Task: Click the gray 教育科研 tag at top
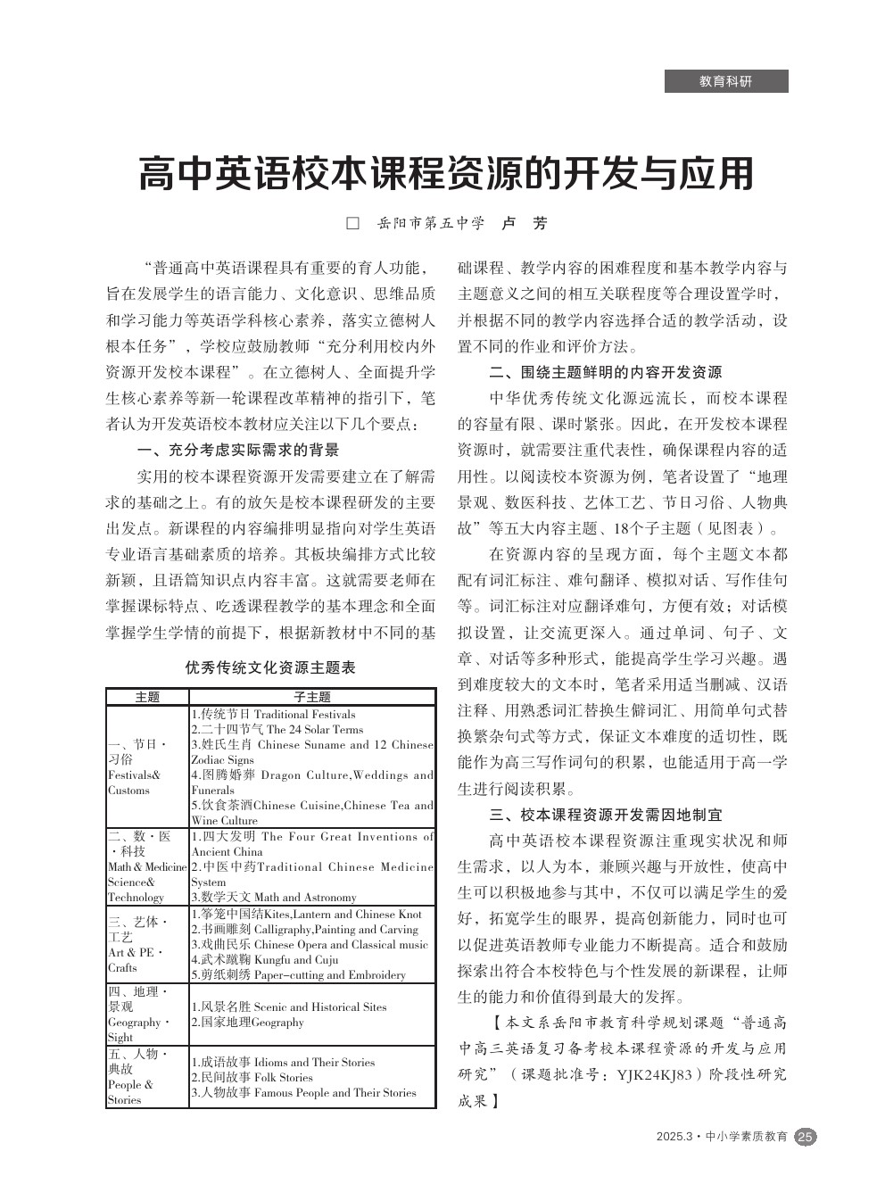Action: click(726, 81)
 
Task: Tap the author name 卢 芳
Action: click(524, 223)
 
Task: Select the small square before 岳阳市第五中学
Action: click(352, 223)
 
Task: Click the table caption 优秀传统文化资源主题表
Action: click(270, 667)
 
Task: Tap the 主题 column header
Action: click(147, 697)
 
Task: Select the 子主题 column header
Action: click(312, 697)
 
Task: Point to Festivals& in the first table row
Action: click(134, 775)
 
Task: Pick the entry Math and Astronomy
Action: click(305, 897)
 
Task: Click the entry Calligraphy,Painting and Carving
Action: click(335, 929)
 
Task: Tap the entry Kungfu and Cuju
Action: click(296, 959)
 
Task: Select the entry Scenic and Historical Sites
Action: click(320, 1006)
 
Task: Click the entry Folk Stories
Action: click(284, 1077)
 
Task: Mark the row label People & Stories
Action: click(130, 1092)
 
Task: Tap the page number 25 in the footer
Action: click(806, 1136)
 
